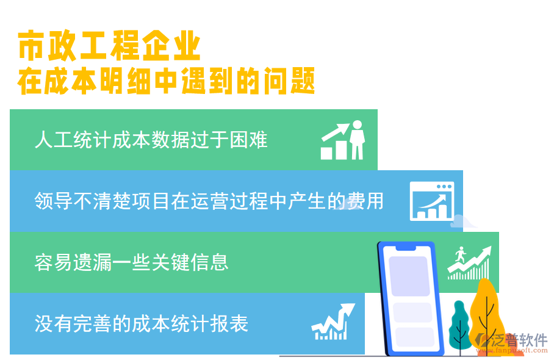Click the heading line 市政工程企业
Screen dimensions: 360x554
109,46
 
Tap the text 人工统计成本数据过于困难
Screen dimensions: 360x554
151,140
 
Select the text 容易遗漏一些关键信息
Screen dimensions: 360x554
132,262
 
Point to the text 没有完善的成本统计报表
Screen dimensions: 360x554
142,323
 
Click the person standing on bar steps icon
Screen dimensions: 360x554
343,140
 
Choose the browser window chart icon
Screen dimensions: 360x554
432,201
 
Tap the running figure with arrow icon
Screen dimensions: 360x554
469,262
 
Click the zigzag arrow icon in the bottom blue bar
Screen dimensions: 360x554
333,322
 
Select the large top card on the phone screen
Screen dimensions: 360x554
409,276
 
